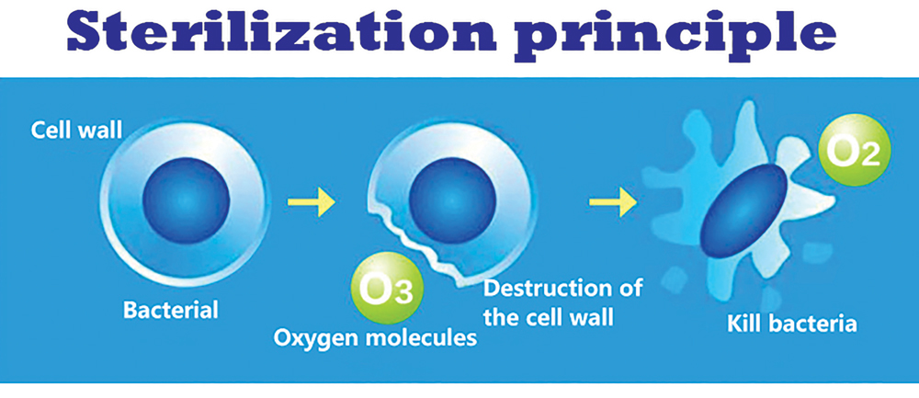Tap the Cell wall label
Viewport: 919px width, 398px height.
pyautogui.click(x=76, y=131)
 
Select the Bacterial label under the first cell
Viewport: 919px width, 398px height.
pyautogui.click(x=170, y=309)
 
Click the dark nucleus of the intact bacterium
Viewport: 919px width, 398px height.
pyautogui.click(x=186, y=199)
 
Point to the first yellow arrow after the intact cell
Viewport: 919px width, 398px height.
pyautogui.click(x=312, y=202)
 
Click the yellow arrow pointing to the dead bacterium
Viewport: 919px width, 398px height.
pyautogui.click(x=613, y=203)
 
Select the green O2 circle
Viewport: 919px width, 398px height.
pyautogui.click(x=855, y=150)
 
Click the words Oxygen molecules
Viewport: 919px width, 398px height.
pyautogui.click(x=376, y=338)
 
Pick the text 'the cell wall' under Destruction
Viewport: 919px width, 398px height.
pyautogui.click(x=549, y=317)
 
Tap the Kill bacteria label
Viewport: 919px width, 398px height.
pyautogui.click(x=792, y=324)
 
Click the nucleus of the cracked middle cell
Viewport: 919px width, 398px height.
pyautogui.click(x=452, y=200)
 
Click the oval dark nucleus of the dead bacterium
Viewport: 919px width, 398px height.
pyautogui.click(x=743, y=210)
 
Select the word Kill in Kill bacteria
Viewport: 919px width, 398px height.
pyautogui.click(x=743, y=324)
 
